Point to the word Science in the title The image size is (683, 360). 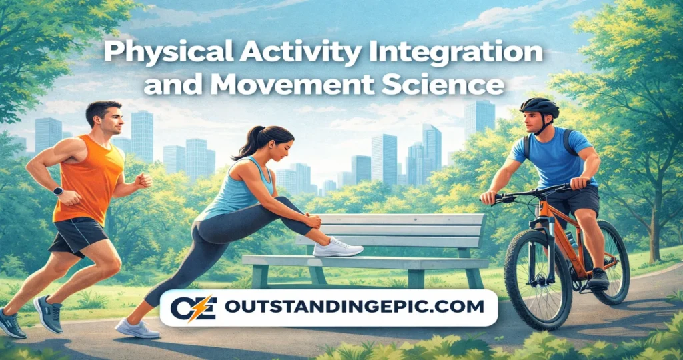454,85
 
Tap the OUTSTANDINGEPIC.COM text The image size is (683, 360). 354,307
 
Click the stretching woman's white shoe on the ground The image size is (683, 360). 137,328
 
